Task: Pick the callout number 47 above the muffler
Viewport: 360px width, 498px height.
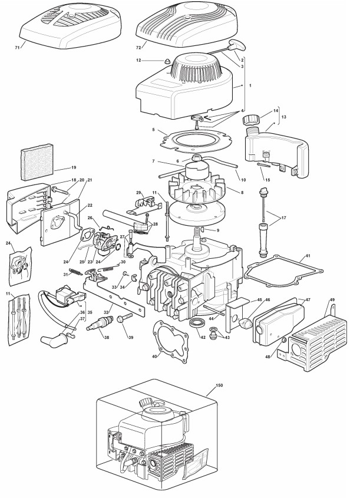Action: pyautogui.click(x=308, y=299)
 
